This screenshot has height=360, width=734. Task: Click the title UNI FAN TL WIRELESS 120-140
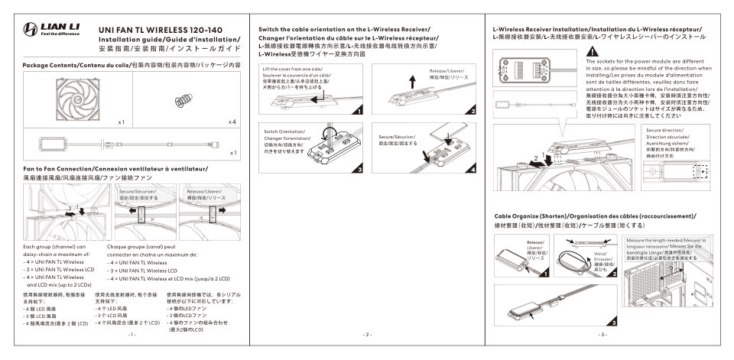[161, 29]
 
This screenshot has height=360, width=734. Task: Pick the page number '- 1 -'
[132, 335]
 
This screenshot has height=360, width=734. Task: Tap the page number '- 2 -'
[366, 335]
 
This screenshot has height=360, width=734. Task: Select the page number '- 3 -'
[602, 335]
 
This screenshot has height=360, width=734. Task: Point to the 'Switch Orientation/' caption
[282, 132]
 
